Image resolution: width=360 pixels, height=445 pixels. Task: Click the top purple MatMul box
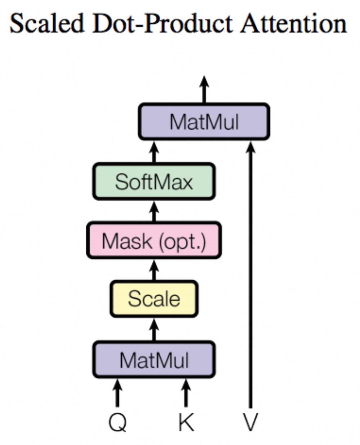click(x=204, y=122)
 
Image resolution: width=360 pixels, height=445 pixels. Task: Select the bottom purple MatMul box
click(x=154, y=359)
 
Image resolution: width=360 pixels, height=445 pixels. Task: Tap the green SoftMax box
click(x=154, y=181)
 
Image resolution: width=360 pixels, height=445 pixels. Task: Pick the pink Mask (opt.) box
click(x=154, y=240)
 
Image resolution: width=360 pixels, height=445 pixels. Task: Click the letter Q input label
click(x=117, y=422)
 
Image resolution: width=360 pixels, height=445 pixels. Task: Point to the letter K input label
click(x=186, y=422)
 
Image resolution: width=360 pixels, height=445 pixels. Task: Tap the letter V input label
click(x=251, y=422)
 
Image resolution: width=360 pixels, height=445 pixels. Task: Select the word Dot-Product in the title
click(x=162, y=23)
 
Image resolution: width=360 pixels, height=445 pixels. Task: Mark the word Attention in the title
click(x=293, y=23)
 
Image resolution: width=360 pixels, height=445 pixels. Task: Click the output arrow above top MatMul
click(x=204, y=90)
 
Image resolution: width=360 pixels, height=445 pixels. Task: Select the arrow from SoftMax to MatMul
click(x=154, y=152)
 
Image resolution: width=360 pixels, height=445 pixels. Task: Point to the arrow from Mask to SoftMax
click(x=154, y=212)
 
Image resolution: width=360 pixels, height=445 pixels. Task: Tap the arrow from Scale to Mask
click(x=154, y=271)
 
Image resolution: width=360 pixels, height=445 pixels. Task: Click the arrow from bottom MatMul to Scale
click(x=154, y=330)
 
